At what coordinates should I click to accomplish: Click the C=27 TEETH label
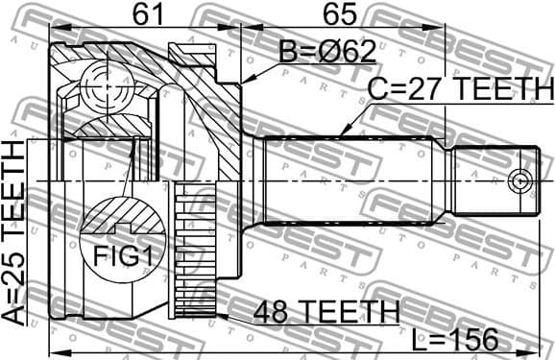coord(460,90)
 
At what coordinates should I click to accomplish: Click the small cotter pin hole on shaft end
coord(519,180)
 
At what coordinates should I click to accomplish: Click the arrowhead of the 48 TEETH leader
coord(225,309)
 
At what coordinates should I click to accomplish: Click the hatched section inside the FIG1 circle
coord(121,216)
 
